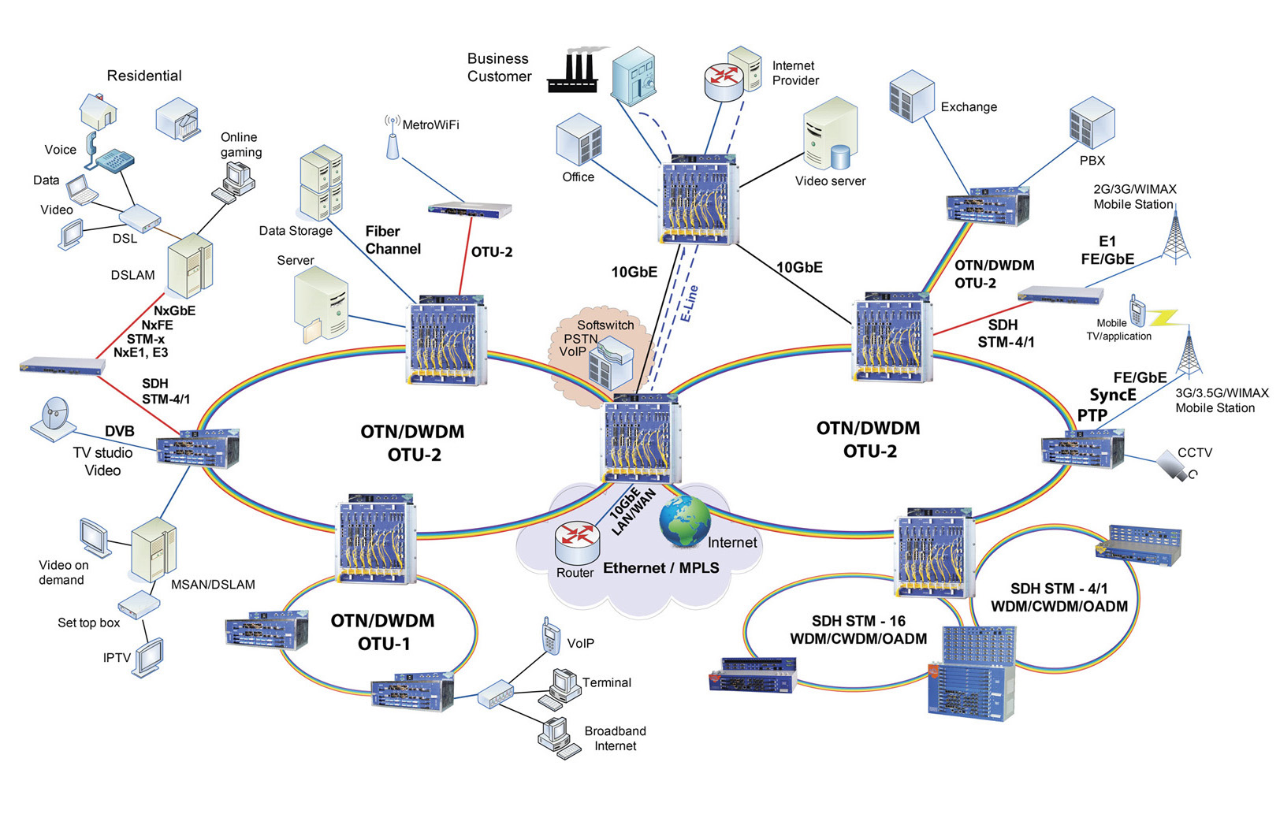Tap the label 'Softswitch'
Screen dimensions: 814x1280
(605, 325)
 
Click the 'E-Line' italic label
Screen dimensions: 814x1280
(689, 304)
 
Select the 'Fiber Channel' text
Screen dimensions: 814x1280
(392, 240)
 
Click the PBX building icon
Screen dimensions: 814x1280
(1092, 121)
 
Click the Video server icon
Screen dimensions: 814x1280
(830, 134)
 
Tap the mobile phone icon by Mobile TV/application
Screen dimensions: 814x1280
(1136, 311)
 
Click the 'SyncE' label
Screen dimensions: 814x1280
(1113, 395)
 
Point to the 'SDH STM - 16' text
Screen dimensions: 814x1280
(858, 621)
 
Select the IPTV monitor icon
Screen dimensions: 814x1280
(150, 656)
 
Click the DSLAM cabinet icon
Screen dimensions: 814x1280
(190, 265)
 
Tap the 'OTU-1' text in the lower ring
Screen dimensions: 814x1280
(384, 644)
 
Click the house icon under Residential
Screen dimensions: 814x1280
(99, 112)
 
